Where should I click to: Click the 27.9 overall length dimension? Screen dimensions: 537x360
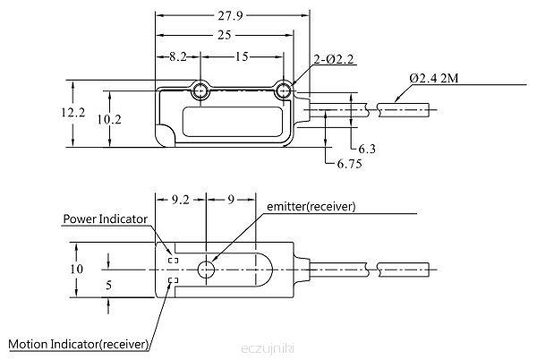tap(230, 16)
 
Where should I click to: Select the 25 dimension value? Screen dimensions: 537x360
tap(225, 35)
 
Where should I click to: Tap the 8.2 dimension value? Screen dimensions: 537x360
tap(178, 56)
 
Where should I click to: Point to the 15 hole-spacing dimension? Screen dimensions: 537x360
tap(242, 56)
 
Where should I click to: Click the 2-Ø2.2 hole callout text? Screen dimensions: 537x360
tap(334, 60)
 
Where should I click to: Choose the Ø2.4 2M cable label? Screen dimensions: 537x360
tap(433, 79)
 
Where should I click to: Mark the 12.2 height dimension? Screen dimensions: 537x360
tap(73, 112)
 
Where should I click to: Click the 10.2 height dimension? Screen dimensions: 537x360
tap(109, 119)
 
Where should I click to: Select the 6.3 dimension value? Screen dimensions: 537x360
tap(367, 149)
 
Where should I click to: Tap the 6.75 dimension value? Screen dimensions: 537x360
tap(349, 164)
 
